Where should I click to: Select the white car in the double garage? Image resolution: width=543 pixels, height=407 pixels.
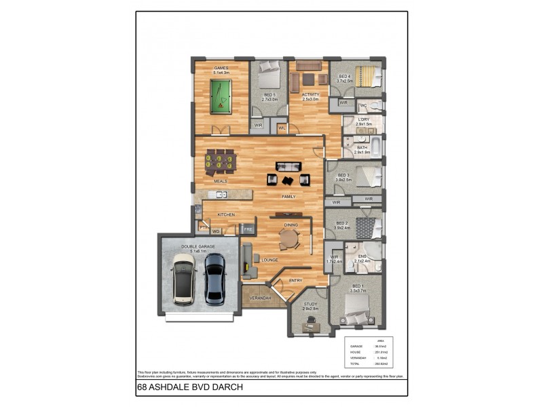[x=183, y=277]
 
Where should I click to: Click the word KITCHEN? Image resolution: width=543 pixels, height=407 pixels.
[x=226, y=214]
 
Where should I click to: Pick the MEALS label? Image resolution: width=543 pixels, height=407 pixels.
[x=220, y=181]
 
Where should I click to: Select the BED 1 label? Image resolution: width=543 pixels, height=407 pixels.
[x=358, y=287]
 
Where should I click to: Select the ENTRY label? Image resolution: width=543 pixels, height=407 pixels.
[x=296, y=280]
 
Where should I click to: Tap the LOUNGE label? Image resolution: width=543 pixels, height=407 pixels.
[x=271, y=259]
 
